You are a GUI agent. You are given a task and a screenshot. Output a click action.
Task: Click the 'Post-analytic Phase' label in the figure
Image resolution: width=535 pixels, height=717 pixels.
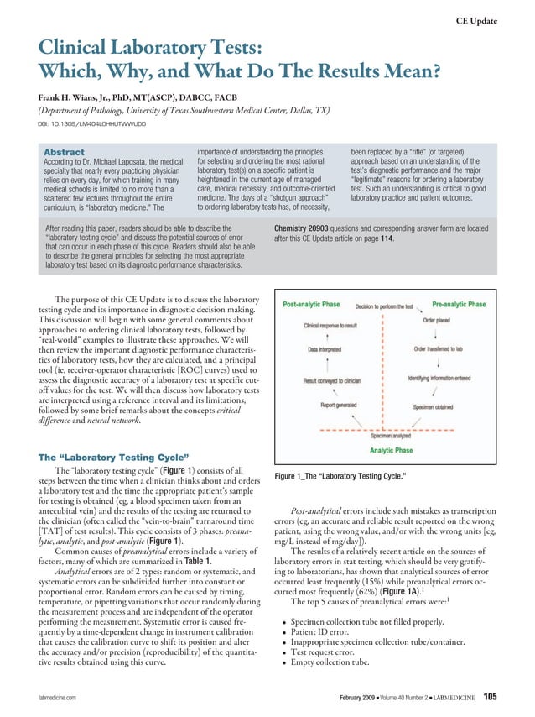point(311,304)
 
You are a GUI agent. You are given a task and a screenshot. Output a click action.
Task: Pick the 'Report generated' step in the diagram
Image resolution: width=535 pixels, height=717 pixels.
point(340,405)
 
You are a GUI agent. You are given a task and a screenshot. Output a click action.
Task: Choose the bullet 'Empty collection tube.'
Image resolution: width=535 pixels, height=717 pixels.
point(334,662)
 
